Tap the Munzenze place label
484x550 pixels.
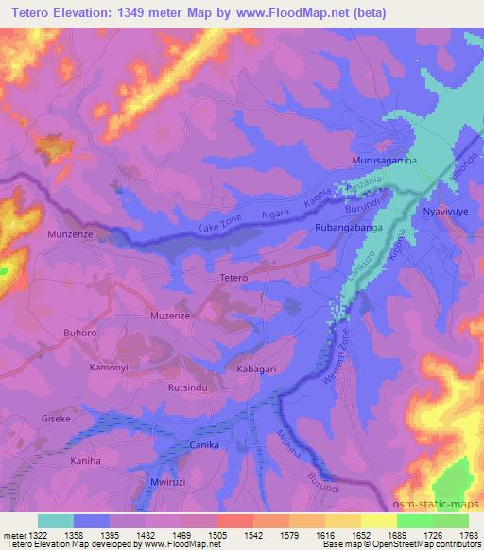(69, 232)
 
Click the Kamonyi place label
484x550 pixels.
(108, 366)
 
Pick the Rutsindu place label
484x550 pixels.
(186, 387)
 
